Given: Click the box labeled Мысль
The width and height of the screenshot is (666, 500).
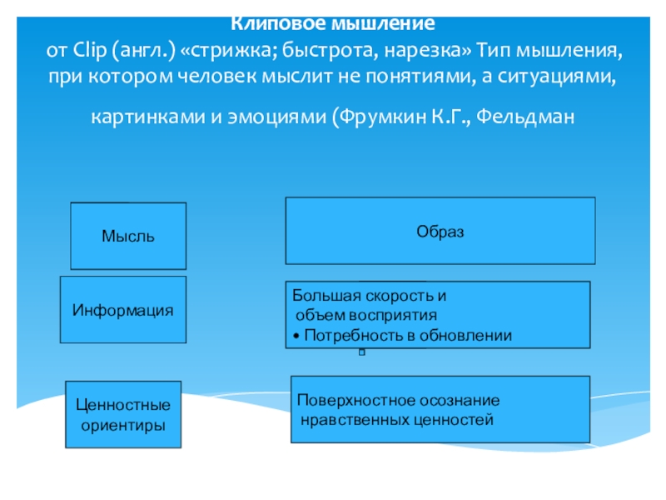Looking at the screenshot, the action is click(128, 236).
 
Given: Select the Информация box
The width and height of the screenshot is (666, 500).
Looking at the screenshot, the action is click(122, 310).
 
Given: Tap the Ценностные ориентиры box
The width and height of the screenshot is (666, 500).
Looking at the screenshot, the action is click(122, 414).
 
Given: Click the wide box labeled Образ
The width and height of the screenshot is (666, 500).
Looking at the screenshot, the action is click(440, 231).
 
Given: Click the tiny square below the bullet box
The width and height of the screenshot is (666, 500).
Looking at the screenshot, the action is click(362, 353).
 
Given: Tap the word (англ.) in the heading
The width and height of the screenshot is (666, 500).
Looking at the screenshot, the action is click(148, 49).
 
